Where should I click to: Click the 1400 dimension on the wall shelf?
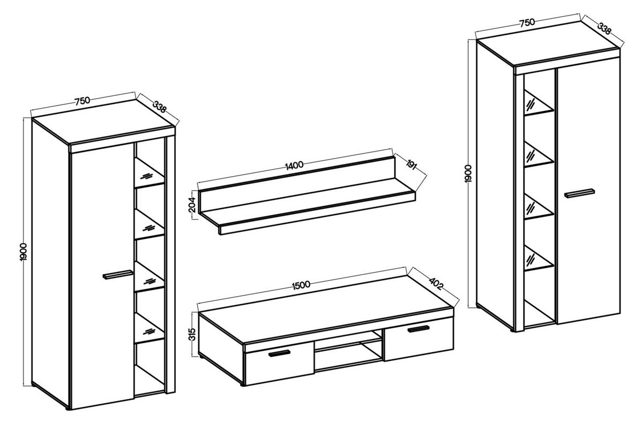pyautogui.click(x=294, y=165)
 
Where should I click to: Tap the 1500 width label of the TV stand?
pyautogui.click(x=301, y=285)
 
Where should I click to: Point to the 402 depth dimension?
pyautogui.click(x=436, y=284)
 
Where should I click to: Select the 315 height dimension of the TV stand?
pyautogui.click(x=192, y=334)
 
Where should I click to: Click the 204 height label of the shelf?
pyautogui.click(x=192, y=205)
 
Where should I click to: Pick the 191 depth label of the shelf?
pyautogui.click(x=411, y=165)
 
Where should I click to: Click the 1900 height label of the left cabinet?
pyautogui.click(x=23, y=252)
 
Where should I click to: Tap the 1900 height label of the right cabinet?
pyautogui.click(x=468, y=173)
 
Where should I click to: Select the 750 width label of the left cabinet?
pyautogui.click(x=83, y=101)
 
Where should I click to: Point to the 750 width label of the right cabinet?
pyautogui.click(x=527, y=22)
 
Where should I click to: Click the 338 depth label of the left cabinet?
pyautogui.click(x=159, y=107)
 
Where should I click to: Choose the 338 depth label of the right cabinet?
pyautogui.click(x=604, y=29)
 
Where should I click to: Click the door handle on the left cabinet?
pyautogui.click(x=118, y=274)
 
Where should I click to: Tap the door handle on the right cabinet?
pyautogui.click(x=580, y=193)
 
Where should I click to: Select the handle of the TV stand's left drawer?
pyautogui.click(x=280, y=353)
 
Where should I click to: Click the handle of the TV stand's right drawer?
pyautogui.click(x=418, y=329)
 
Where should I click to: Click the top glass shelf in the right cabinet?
pyautogui.click(x=539, y=104)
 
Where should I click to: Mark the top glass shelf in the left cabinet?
pyautogui.click(x=149, y=173)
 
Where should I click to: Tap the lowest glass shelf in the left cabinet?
pyautogui.click(x=149, y=328)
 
